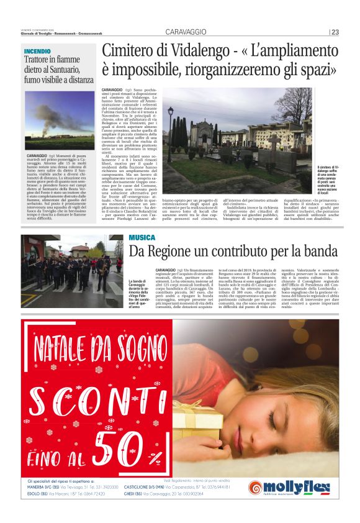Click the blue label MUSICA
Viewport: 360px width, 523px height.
[142, 238]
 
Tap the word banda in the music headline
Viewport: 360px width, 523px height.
[318, 252]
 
